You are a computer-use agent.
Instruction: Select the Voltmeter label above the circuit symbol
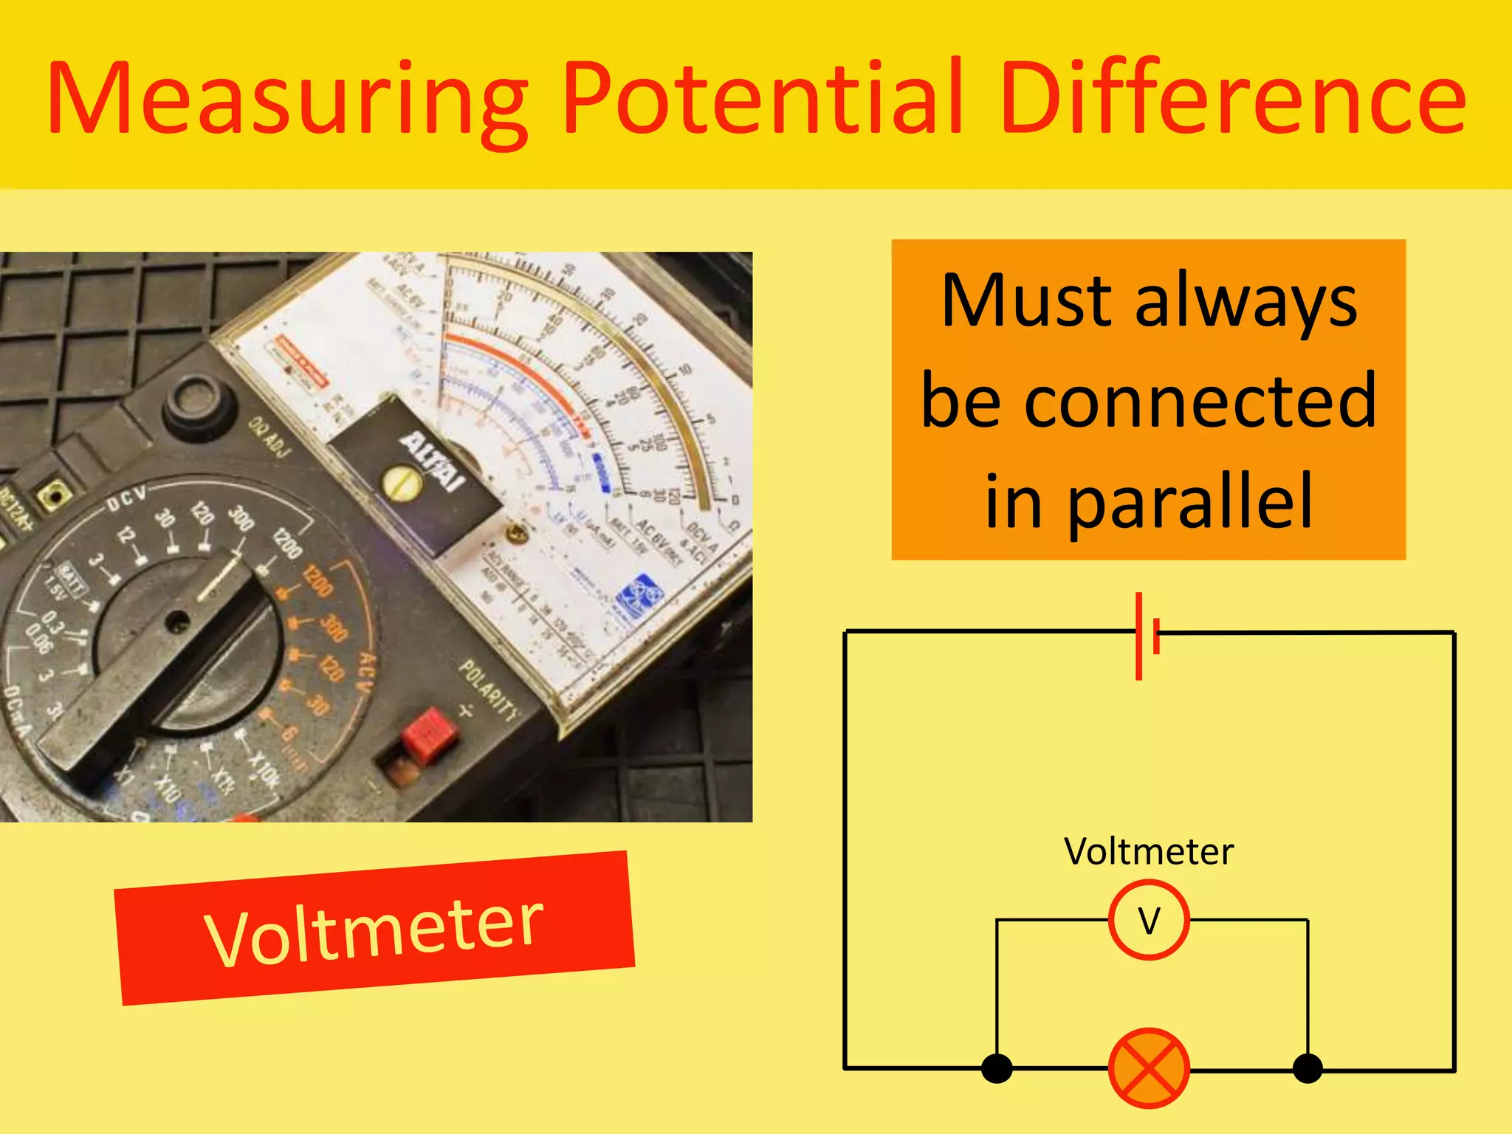(1149, 852)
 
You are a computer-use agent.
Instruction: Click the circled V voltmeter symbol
(1149, 920)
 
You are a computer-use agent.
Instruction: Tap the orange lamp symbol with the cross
(1149, 1068)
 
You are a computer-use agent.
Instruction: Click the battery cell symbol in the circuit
(1147, 635)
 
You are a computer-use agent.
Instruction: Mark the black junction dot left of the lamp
(997, 1068)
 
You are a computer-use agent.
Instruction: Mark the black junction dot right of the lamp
(1307, 1068)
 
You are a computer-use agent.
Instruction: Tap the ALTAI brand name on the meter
(432, 461)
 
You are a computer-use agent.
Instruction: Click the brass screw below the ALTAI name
(402, 484)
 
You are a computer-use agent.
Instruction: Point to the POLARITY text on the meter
(489, 690)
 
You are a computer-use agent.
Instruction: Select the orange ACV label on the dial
(366, 672)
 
